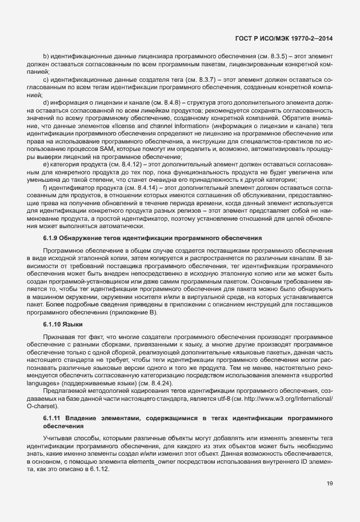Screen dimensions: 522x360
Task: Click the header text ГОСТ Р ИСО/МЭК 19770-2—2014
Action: click(x=284, y=39)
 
